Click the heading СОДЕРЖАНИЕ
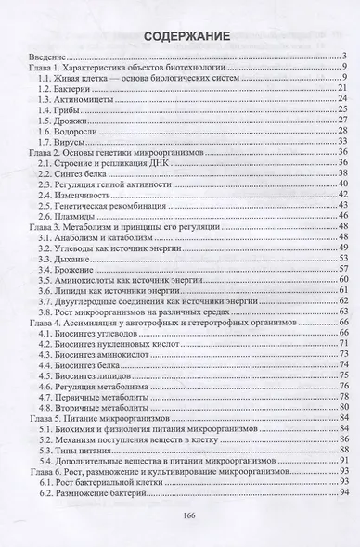point(180,38)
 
